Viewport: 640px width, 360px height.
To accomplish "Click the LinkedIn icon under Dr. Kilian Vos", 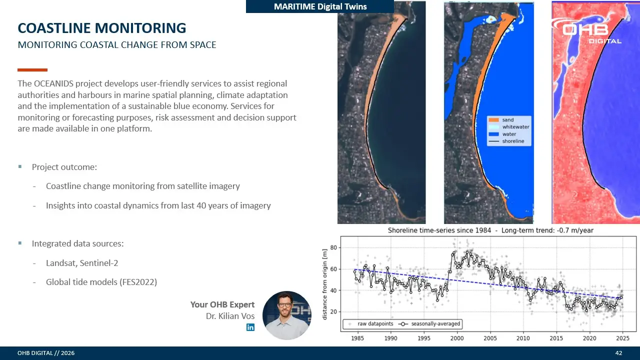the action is click(x=250, y=327).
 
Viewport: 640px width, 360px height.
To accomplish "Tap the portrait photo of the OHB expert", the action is click(x=287, y=315).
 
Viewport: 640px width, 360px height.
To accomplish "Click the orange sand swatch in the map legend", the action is click(x=493, y=120).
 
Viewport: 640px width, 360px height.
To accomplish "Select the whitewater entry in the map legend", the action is click(x=509, y=127).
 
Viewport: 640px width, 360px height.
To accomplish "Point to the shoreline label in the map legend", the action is click(x=513, y=141).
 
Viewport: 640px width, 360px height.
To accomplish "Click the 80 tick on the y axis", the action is click(x=333, y=247).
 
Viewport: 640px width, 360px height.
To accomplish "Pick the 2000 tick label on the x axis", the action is click(x=457, y=338).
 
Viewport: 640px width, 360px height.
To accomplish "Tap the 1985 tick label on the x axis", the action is click(x=357, y=338).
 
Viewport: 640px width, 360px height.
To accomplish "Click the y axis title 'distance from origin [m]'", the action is click(x=324, y=284).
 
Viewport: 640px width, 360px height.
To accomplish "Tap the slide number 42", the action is click(x=618, y=353).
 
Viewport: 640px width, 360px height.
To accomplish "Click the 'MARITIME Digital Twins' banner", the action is click(x=320, y=6).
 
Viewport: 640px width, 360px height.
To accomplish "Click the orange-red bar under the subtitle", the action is click(x=32, y=69).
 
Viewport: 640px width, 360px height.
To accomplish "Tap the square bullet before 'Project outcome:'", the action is click(x=20, y=166).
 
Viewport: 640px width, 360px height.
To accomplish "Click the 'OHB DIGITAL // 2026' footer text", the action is click(x=46, y=353).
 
